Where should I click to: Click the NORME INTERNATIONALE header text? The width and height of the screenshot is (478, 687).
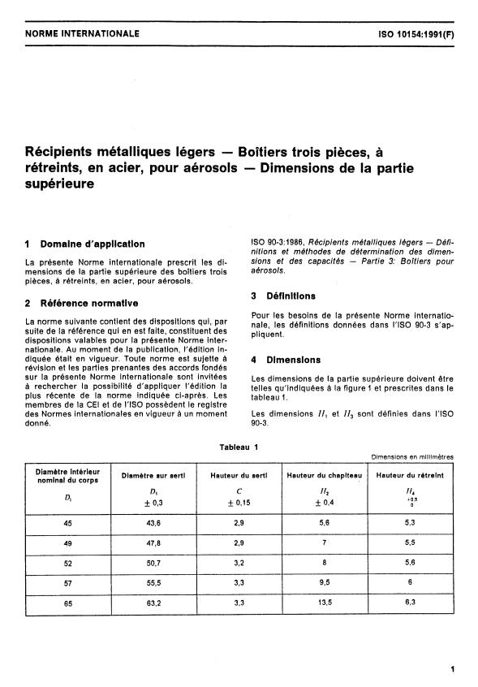pos(83,33)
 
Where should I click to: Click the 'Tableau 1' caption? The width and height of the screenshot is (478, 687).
pos(239,446)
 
